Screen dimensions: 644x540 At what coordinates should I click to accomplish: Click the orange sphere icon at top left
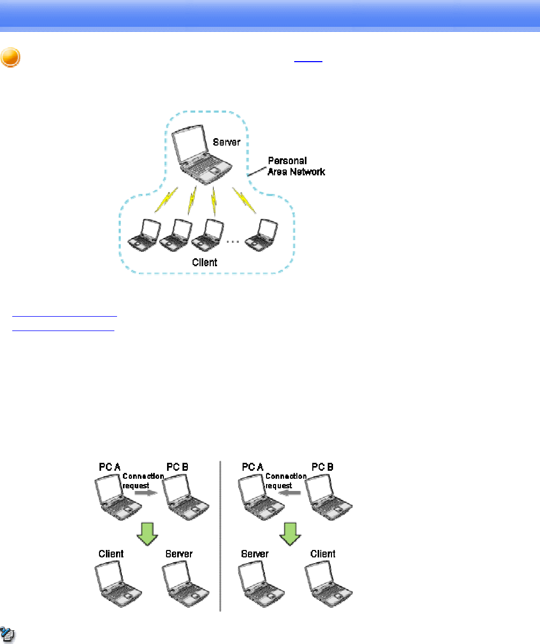pos(11,57)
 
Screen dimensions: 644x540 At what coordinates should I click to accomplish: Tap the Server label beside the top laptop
pos(227,142)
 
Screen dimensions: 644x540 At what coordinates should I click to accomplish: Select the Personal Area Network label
pos(296,166)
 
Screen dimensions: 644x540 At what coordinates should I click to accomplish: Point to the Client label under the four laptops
pos(205,262)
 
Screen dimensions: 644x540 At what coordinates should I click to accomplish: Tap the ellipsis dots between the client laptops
pos(232,241)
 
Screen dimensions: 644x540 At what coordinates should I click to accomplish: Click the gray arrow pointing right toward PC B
pos(144,493)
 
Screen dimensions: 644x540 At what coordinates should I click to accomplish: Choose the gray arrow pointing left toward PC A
pos(288,493)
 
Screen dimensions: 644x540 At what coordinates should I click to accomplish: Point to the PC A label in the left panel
pos(110,467)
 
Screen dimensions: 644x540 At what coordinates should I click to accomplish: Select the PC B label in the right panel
pos(322,467)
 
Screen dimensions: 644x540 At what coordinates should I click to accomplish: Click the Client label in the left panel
pos(111,554)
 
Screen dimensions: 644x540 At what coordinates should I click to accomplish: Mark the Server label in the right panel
pos(255,554)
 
